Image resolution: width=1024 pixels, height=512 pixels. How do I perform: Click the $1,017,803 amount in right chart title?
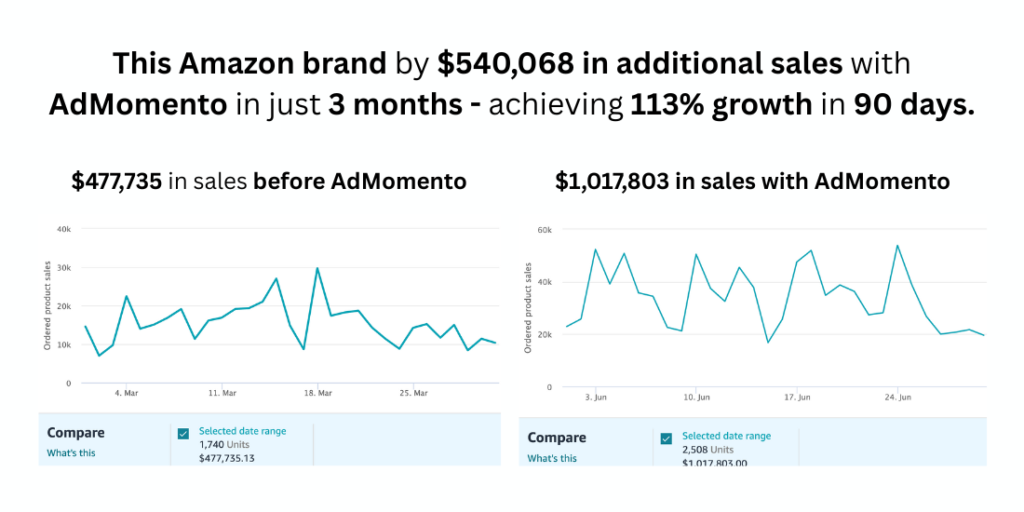[613, 181]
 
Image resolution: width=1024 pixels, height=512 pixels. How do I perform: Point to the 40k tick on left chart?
[64, 229]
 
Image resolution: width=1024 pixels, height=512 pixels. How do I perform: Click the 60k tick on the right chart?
[546, 229]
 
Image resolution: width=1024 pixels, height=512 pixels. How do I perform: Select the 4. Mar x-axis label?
[126, 394]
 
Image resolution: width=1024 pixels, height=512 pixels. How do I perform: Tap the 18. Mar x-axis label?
[318, 394]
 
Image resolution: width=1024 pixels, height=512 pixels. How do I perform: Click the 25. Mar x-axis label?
[414, 394]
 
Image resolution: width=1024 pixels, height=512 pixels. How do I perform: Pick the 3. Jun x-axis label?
[596, 397]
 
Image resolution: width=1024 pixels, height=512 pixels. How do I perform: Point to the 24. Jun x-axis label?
[897, 397]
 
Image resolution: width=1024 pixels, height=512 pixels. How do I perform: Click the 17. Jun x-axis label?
[797, 397]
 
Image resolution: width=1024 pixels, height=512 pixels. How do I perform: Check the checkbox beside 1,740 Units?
[183, 433]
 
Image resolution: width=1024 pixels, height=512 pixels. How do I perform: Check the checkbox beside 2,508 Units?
[667, 438]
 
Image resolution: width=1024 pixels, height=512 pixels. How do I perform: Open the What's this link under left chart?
[72, 453]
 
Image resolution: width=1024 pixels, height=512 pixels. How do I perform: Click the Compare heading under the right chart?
[557, 438]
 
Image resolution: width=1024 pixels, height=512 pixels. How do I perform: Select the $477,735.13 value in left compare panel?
[227, 458]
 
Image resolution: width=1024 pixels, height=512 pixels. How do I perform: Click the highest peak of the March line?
[317, 268]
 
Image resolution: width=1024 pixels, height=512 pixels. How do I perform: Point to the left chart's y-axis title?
[47, 306]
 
